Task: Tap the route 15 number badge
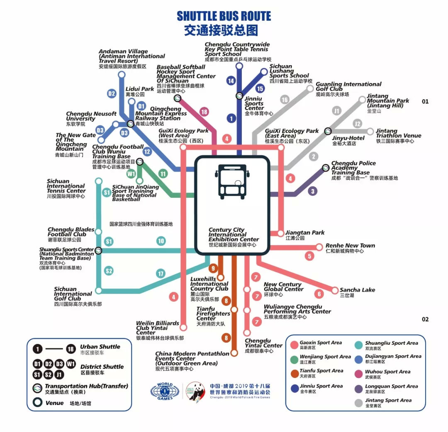pos(260,88)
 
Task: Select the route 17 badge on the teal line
pos(161,274)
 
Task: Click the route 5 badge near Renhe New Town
pos(309,256)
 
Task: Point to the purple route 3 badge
pos(313,191)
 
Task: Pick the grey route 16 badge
pos(284,100)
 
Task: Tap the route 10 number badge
pos(161,241)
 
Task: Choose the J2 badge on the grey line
pos(357,123)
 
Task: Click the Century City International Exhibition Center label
pos(233,237)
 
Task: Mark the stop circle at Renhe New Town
pos(319,247)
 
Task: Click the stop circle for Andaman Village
pos(122,74)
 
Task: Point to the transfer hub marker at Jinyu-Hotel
pos(328,131)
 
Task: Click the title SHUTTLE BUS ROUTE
pos(224,16)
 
